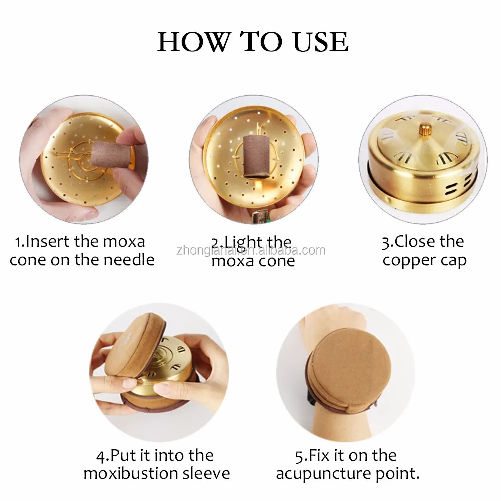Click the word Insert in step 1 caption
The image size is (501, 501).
click(x=48, y=242)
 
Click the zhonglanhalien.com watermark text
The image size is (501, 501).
click(x=250, y=250)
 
